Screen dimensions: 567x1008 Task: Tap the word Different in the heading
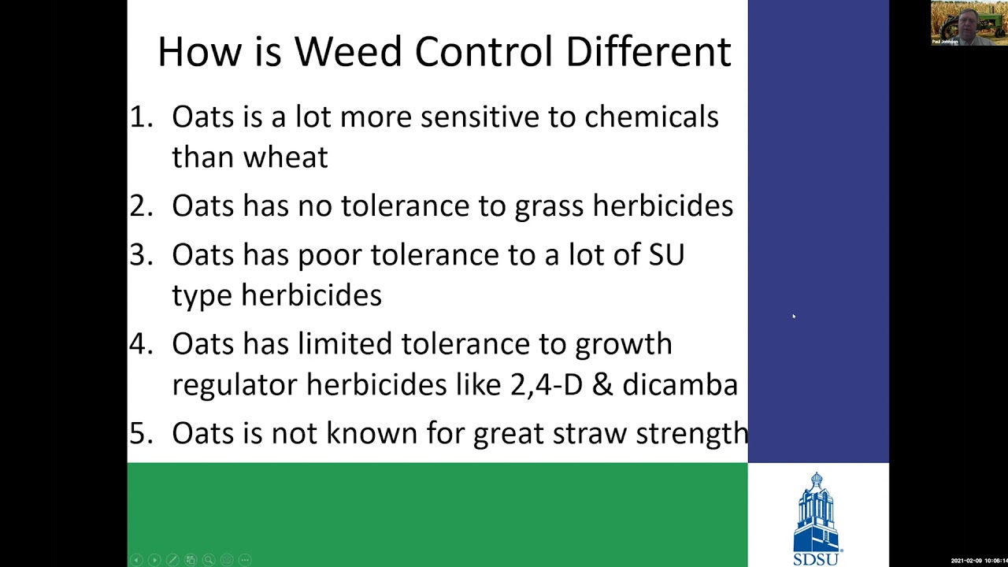coord(648,52)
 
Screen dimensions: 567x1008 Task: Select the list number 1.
coord(139,117)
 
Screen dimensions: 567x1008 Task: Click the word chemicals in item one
coord(651,117)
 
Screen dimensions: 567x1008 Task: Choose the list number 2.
coord(139,206)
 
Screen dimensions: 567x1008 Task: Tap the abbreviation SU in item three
coord(666,254)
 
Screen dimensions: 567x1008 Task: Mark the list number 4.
coord(139,343)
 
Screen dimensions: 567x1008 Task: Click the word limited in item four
coord(345,343)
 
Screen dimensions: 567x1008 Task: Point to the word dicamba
coord(680,384)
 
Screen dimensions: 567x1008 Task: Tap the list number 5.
coord(139,433)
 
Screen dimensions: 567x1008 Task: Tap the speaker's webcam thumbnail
coord(968,23)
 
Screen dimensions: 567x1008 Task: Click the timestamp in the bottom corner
coord(978,561)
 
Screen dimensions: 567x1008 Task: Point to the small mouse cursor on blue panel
coord(794,317)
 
